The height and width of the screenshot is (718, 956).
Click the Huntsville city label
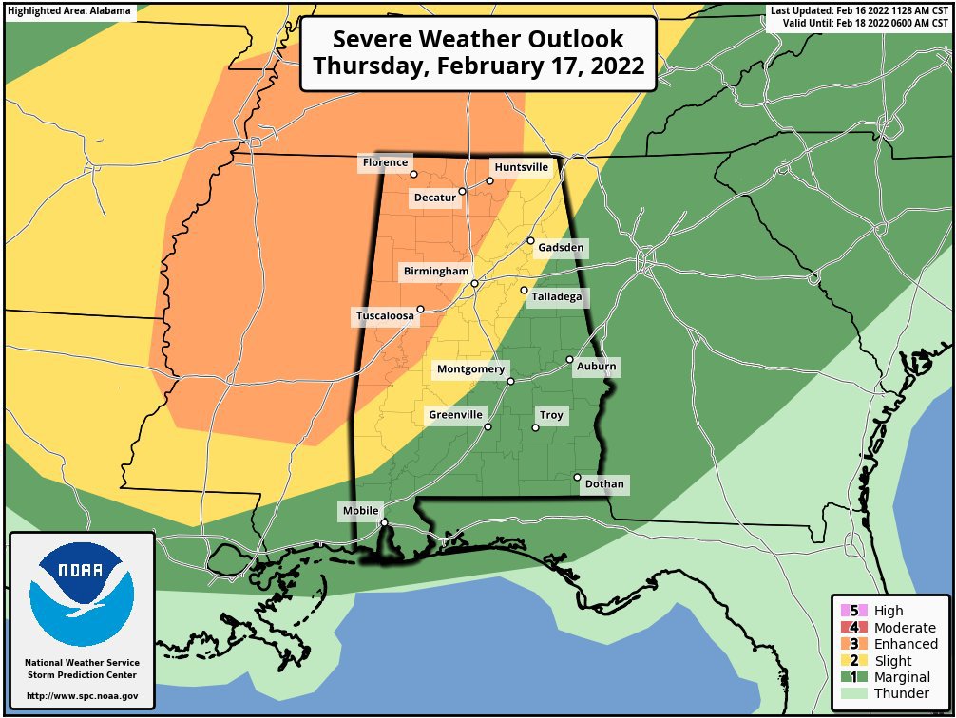(522, 167)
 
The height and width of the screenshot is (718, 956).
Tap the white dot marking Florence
(413, 175)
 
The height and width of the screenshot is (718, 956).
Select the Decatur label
(433, 198)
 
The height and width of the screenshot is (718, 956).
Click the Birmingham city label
(435, 272)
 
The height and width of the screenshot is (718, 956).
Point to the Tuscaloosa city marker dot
(420, 309)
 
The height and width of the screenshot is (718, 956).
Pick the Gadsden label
(560, 248)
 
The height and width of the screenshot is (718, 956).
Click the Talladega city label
(557, 297)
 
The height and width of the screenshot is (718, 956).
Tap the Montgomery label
(470, 369)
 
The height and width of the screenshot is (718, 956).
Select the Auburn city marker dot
(569, 360)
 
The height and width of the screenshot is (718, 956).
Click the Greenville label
(456, 415)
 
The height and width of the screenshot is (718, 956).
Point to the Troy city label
(551, 416)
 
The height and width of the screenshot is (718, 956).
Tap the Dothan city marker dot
(577, 477)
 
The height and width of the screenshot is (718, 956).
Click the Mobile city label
(360, 511)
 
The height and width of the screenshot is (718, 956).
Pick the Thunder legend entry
(893, 693)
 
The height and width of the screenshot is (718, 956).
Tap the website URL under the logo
(82, 696)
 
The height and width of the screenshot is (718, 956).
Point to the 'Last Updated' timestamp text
(861, 10)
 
